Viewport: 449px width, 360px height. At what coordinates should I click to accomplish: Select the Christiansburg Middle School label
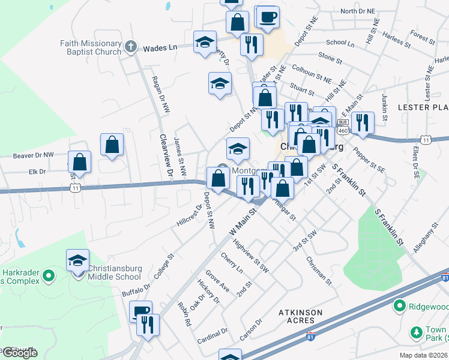click(x=123, y=273)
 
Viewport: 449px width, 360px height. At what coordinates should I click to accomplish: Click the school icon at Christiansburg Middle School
click(x=77, y=261)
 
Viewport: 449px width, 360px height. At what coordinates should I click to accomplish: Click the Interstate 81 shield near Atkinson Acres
click(x=310, y=336)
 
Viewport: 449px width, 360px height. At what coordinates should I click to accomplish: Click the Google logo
click(x=19, y=352)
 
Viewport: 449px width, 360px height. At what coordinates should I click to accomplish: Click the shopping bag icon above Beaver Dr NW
click(x=112, y=145)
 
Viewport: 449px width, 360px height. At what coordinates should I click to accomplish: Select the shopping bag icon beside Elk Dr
click(x=80, y=163)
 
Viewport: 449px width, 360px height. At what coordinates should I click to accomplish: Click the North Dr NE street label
click(x=357, y=11)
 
